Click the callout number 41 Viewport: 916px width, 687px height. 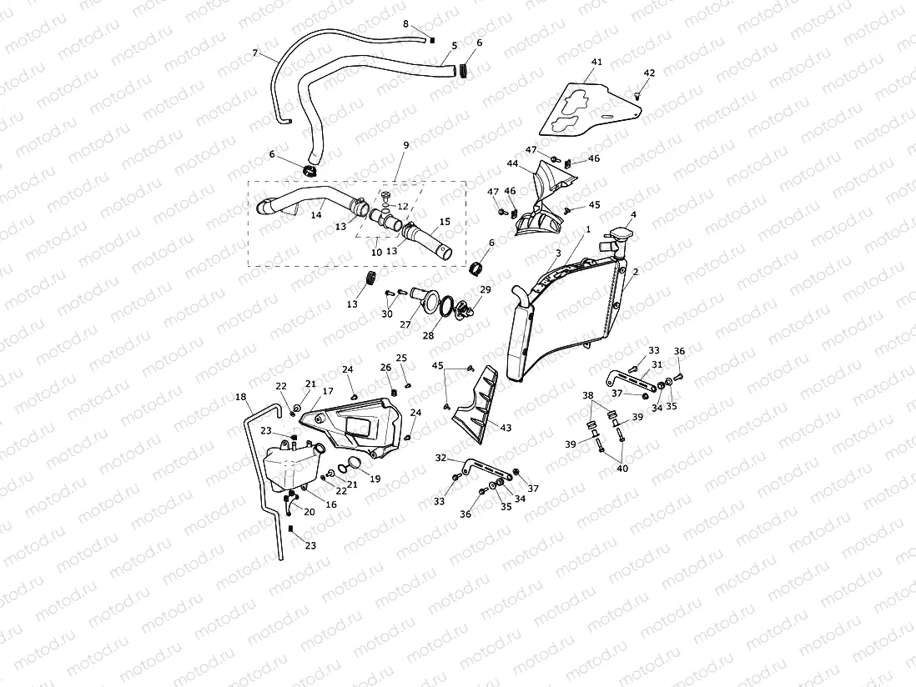click(596, 62)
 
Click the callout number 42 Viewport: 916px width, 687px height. click(649, 73)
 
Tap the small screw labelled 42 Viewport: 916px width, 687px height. click(638, 96)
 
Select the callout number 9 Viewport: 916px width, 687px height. click(405, 145)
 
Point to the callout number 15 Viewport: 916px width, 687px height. click(445, 222)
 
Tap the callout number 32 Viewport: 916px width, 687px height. click(441, 458)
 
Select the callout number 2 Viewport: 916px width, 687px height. click(635, 272)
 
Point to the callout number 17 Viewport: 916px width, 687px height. click(328, 391)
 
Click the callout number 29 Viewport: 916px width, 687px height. click(486, 288)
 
